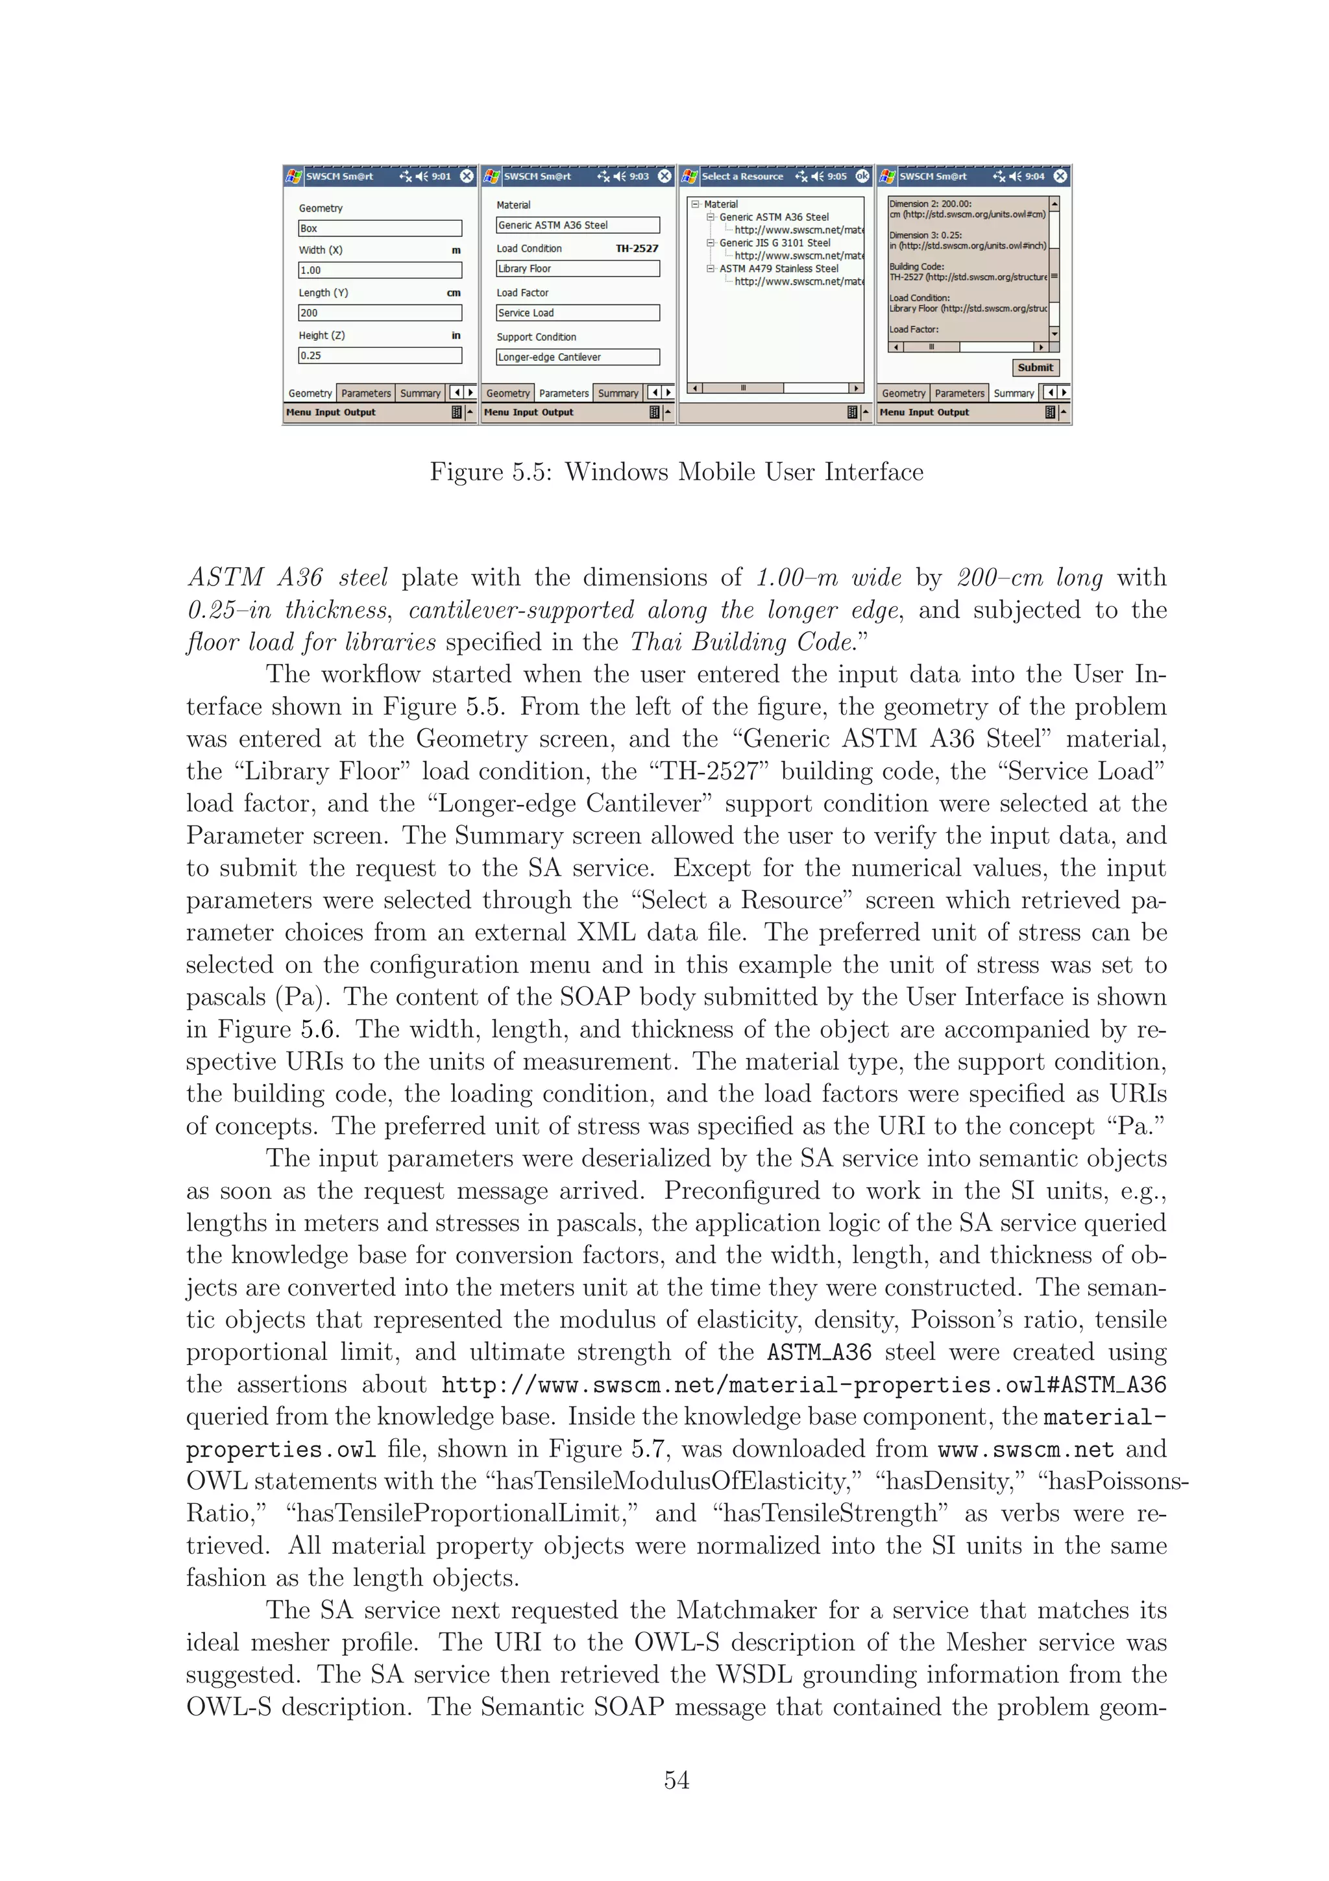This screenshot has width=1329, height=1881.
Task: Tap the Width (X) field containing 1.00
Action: (x=379, y=271)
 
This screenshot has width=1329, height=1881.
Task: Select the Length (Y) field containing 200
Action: (x=379, y=313)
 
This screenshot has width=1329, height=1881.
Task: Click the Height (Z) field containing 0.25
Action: (x=379, y=356)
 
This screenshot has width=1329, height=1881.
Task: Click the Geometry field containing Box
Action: (x=379, y=228)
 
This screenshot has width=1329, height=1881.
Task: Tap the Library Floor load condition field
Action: (x=578, y=269)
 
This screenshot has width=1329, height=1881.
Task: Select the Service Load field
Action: (x=578, y=313)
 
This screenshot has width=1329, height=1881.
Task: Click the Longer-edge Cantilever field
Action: (x=578, y=357)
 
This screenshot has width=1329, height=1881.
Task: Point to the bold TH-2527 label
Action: (x=637, y=248)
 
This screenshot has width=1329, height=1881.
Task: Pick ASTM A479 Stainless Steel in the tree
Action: (x=778, y=269)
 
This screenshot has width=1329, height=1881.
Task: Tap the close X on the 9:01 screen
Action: (x=466, y=176)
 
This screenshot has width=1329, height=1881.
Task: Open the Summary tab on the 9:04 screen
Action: (x=1013, y=393)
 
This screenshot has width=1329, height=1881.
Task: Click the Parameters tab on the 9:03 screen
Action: (x=563, y=393)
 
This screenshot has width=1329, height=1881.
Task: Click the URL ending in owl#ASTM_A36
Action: (x=803, y=1385)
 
